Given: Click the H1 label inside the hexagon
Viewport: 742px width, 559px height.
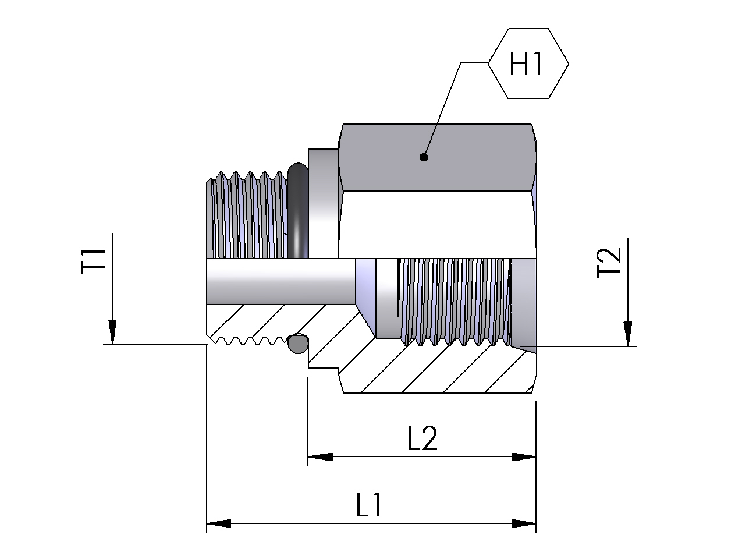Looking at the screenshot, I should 526,63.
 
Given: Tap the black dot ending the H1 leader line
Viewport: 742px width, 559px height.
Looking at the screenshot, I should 424,157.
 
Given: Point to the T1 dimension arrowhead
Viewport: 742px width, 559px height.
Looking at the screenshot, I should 112,333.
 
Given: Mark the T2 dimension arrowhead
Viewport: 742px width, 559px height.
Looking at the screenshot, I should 628,335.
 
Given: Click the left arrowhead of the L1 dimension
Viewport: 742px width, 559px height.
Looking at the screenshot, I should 219,523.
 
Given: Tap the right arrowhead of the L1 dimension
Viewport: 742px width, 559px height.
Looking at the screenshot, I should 524,523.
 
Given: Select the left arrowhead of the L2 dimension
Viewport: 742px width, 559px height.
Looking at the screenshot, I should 319,457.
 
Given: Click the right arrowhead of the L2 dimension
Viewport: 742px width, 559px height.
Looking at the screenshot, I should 524,457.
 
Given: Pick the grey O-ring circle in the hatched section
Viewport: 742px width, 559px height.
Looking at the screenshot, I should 297,344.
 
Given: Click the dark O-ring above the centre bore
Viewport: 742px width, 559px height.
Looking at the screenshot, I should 297,213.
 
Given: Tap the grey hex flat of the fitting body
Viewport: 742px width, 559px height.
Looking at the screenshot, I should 436,157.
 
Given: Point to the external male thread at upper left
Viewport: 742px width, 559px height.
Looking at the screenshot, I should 247,215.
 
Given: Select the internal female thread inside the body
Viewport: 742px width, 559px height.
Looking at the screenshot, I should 454,301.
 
